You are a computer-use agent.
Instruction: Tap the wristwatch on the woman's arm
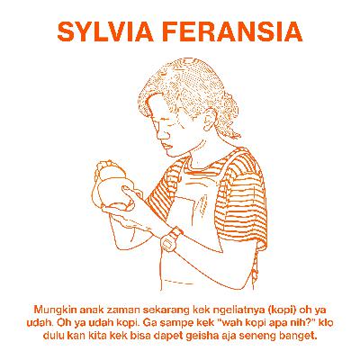pyautogui.click(x=171, y=240)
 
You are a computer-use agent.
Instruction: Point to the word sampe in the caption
pyautogui.click(x=161, y=321)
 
